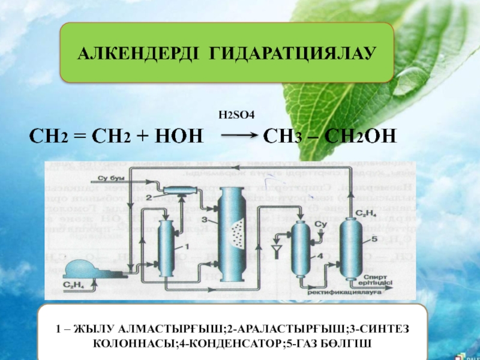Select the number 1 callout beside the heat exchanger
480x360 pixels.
coord(187,246)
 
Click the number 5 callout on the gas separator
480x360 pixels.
coord(374,239)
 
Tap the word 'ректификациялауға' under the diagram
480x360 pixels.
coord(353,292)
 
